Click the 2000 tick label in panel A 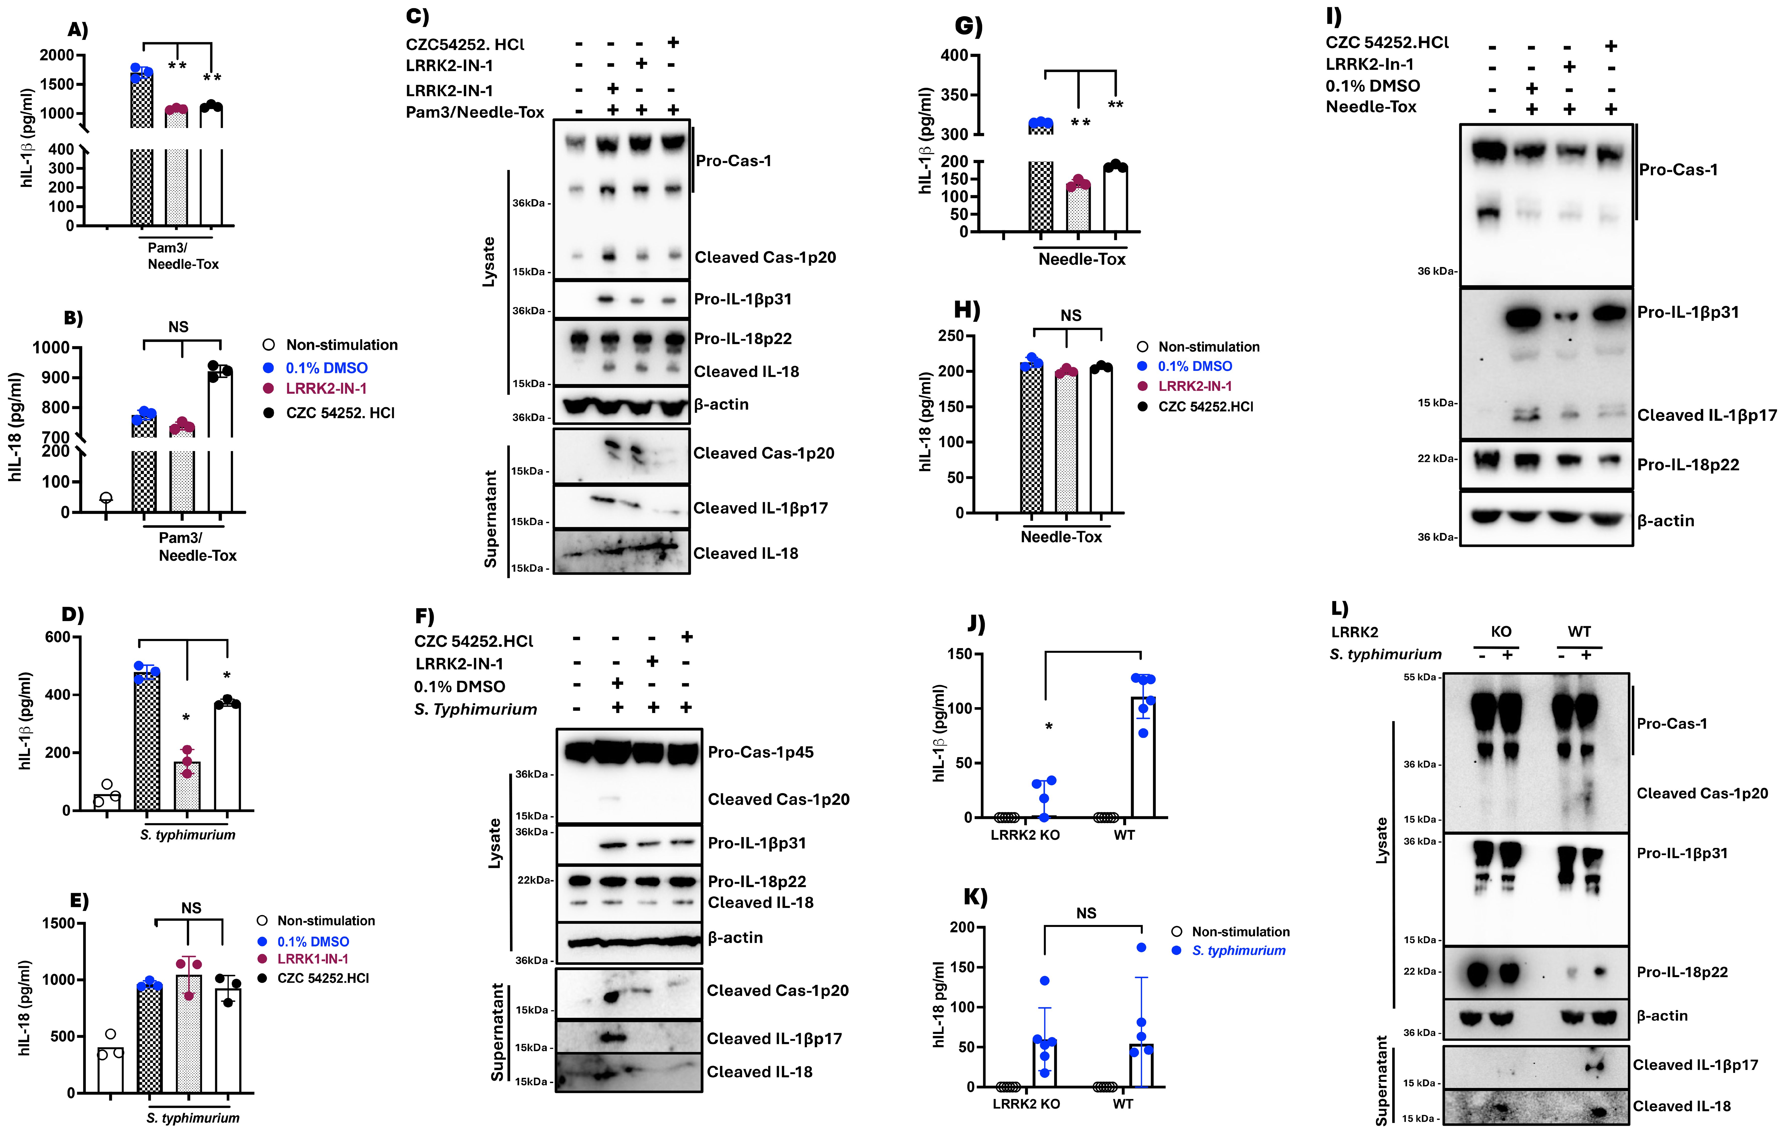(x=57, y=55)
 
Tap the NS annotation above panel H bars (x=1070, y=316)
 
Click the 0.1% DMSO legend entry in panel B (x=326, y=368)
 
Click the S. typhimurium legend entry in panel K (x=1238, y=950)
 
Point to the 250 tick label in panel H (x=950, y=336)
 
